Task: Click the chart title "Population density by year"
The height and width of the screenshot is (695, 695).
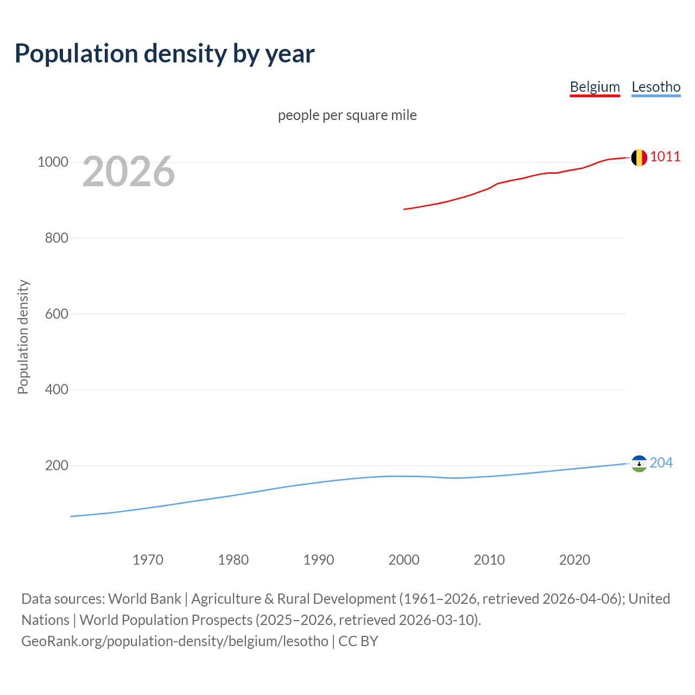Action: pos(165,53)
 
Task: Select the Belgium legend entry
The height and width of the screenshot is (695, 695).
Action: pos(595,87)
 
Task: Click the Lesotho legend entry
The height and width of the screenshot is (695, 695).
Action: pos(656,87)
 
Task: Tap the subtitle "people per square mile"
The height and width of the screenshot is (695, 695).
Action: pos(347,115)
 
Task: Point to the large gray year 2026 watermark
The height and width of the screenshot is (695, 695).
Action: pos(129,172)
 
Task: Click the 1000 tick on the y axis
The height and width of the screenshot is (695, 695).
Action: pos(53,162)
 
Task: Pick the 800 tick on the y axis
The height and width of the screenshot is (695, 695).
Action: pos(56,238)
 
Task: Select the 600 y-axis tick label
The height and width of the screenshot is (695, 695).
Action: pos(56,314)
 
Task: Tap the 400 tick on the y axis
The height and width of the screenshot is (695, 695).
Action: pos(56,389)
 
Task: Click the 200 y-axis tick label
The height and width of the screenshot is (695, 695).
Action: pos(56,465)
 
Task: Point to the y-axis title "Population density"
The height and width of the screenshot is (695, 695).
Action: pos(23,337)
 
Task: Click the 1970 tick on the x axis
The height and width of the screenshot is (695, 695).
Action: pos(148,559)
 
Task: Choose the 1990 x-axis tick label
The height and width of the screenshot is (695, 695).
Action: pos(319,559)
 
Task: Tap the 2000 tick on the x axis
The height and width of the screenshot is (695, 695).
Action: pos(404,559)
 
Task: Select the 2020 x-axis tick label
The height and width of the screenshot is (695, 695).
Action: pos(574,559)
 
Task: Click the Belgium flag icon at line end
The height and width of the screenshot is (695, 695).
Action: pos(639,157)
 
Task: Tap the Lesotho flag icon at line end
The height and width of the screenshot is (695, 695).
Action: pos(639,464)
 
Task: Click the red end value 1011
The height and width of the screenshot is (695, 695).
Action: pos(665,156)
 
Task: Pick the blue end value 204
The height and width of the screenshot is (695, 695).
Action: pos(661,463)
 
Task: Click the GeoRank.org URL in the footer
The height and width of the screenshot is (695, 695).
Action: pos(175,641)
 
